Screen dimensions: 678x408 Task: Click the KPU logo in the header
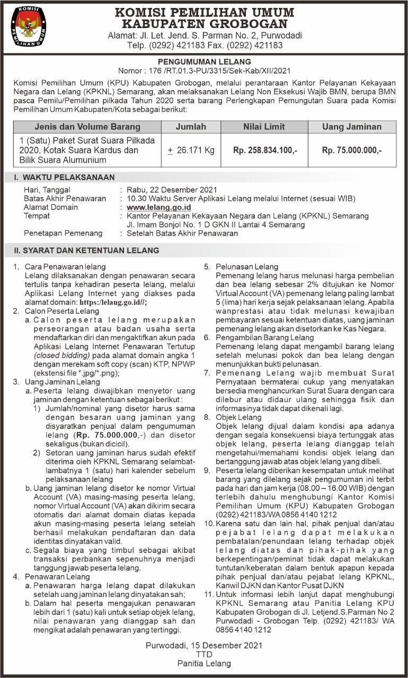point(29,26)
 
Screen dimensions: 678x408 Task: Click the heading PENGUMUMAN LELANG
point(204,61)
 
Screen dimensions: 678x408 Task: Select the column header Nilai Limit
point(264,127)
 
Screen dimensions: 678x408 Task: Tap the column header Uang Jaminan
point(351,127)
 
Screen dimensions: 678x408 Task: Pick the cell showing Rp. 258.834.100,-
point(265,150)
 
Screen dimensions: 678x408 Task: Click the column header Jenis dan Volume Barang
point(87,127)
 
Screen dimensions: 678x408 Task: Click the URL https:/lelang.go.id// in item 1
point(113,301)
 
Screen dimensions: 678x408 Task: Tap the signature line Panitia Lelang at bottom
point(204,663)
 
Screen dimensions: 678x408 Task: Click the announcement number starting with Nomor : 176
point(204,70)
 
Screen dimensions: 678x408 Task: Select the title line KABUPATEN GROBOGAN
point(204,24)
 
